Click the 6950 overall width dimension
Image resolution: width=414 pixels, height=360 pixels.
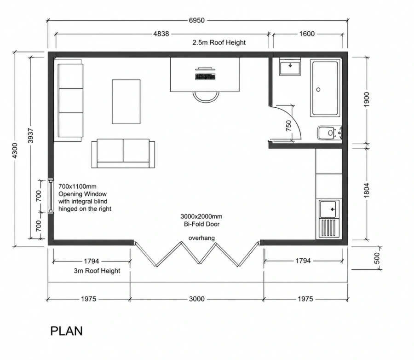(197, 20)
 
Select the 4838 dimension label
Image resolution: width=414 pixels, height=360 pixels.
(161, 34)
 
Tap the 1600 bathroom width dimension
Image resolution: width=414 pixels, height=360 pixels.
(307, 34)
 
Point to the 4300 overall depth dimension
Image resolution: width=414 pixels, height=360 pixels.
(15, 151)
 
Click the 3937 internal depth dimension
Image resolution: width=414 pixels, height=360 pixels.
(31, 136)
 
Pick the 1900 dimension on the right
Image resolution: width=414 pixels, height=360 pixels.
(367, 99)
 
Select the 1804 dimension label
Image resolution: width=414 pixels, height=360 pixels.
(367, 191)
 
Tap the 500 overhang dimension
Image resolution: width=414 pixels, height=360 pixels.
(377, 258)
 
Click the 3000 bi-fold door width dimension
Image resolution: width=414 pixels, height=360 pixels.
(197, 299)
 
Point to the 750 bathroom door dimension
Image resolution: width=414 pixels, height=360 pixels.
(288, 126)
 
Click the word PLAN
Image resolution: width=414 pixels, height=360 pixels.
(67, 331)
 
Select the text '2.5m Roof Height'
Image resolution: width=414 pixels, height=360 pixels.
(219, 42)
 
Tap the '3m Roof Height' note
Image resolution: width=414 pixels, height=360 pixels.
(97, 271)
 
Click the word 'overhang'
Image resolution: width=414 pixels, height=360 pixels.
(201, 238)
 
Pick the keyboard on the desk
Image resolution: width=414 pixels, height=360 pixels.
(206, 77)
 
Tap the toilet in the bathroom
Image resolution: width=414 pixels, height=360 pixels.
(329, 133)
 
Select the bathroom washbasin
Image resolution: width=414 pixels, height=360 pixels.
(290, 66)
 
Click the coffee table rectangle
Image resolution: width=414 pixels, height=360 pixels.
(126, 102)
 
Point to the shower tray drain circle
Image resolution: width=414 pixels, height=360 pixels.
(318, 90)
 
